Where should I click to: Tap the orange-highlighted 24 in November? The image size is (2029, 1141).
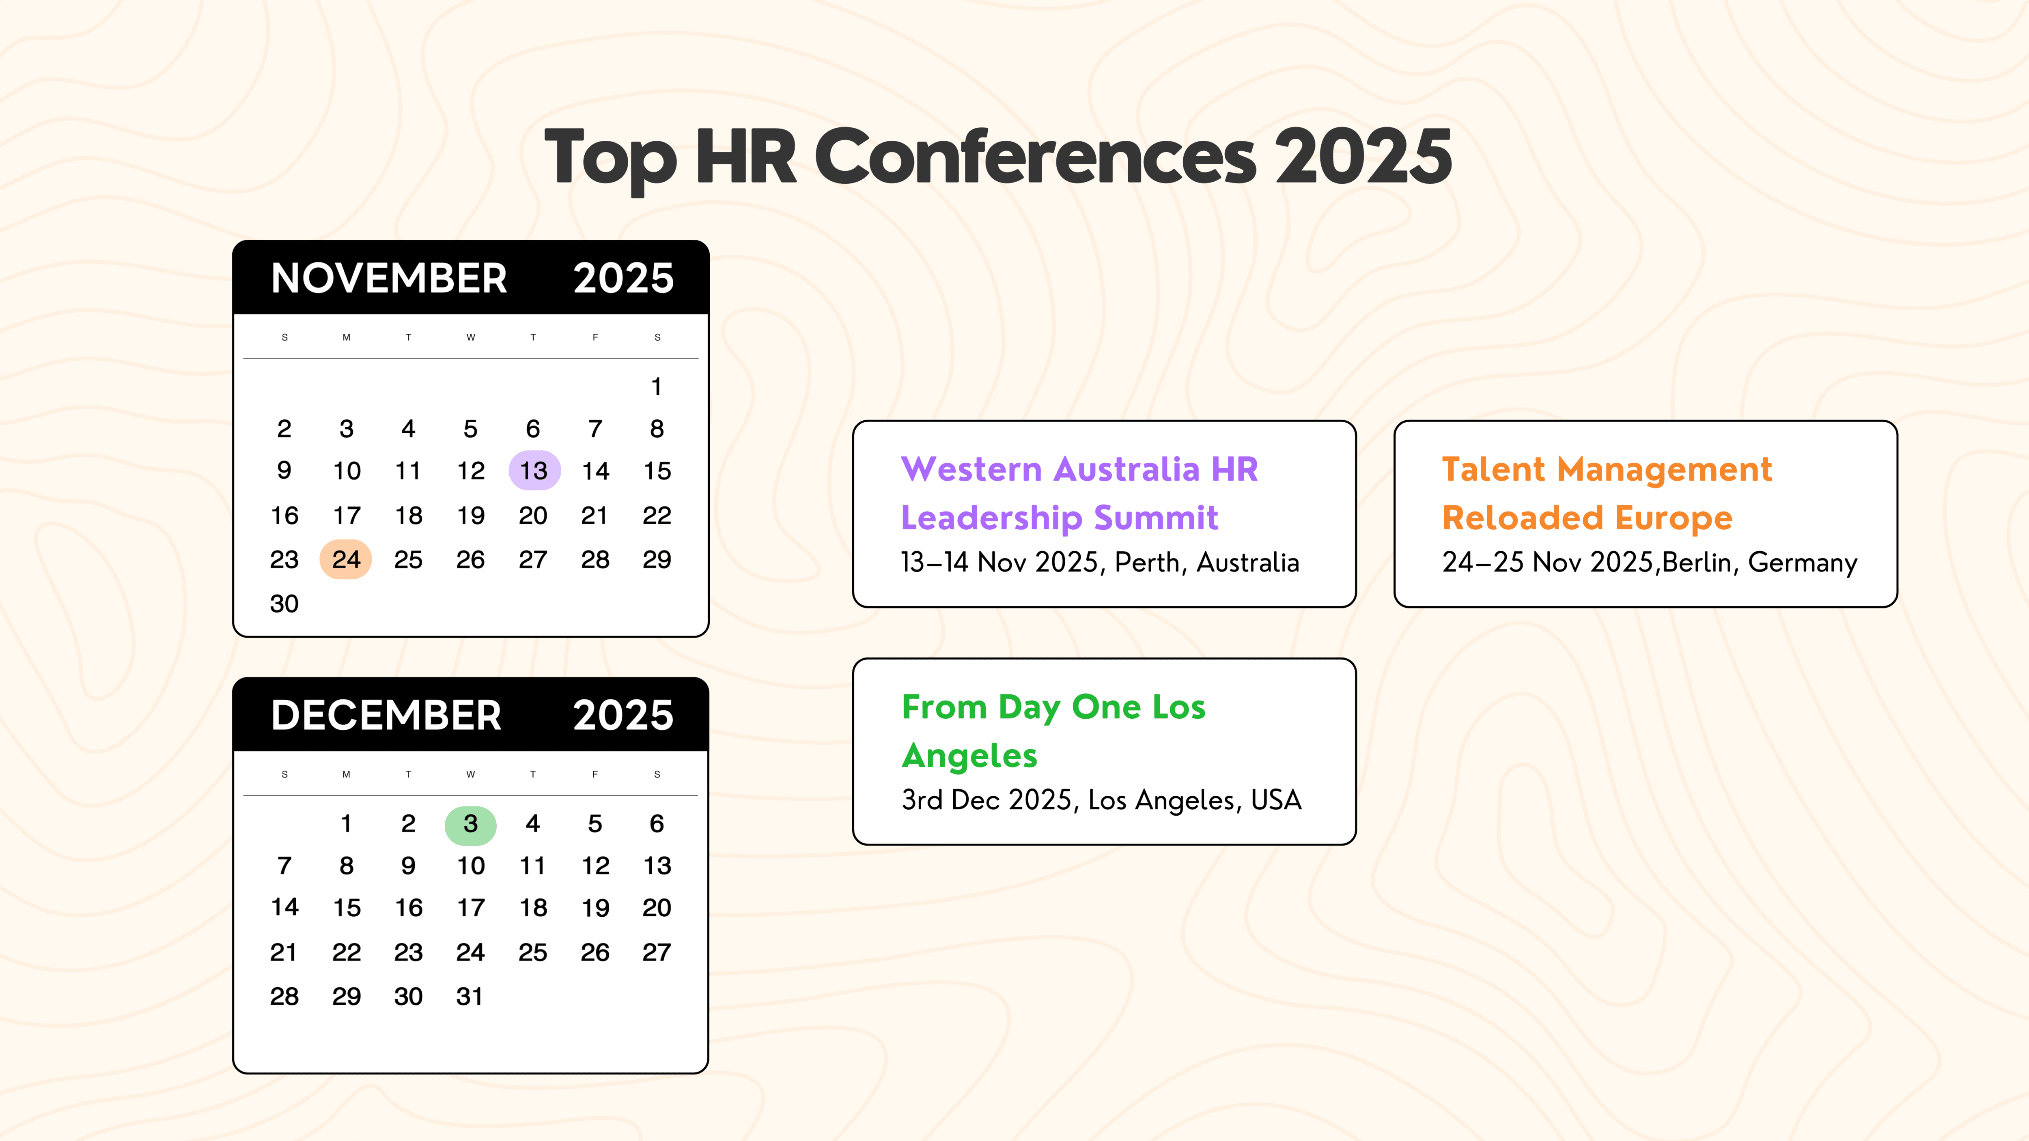click(x=346, y=560)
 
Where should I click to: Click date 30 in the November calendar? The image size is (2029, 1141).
click(x=284, y=604)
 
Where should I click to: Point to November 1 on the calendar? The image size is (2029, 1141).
click(x=656, y=387)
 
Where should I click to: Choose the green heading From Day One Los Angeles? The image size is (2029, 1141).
click(x=1053, y=731)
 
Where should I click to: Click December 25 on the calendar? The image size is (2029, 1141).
click(x=532, y=953)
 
